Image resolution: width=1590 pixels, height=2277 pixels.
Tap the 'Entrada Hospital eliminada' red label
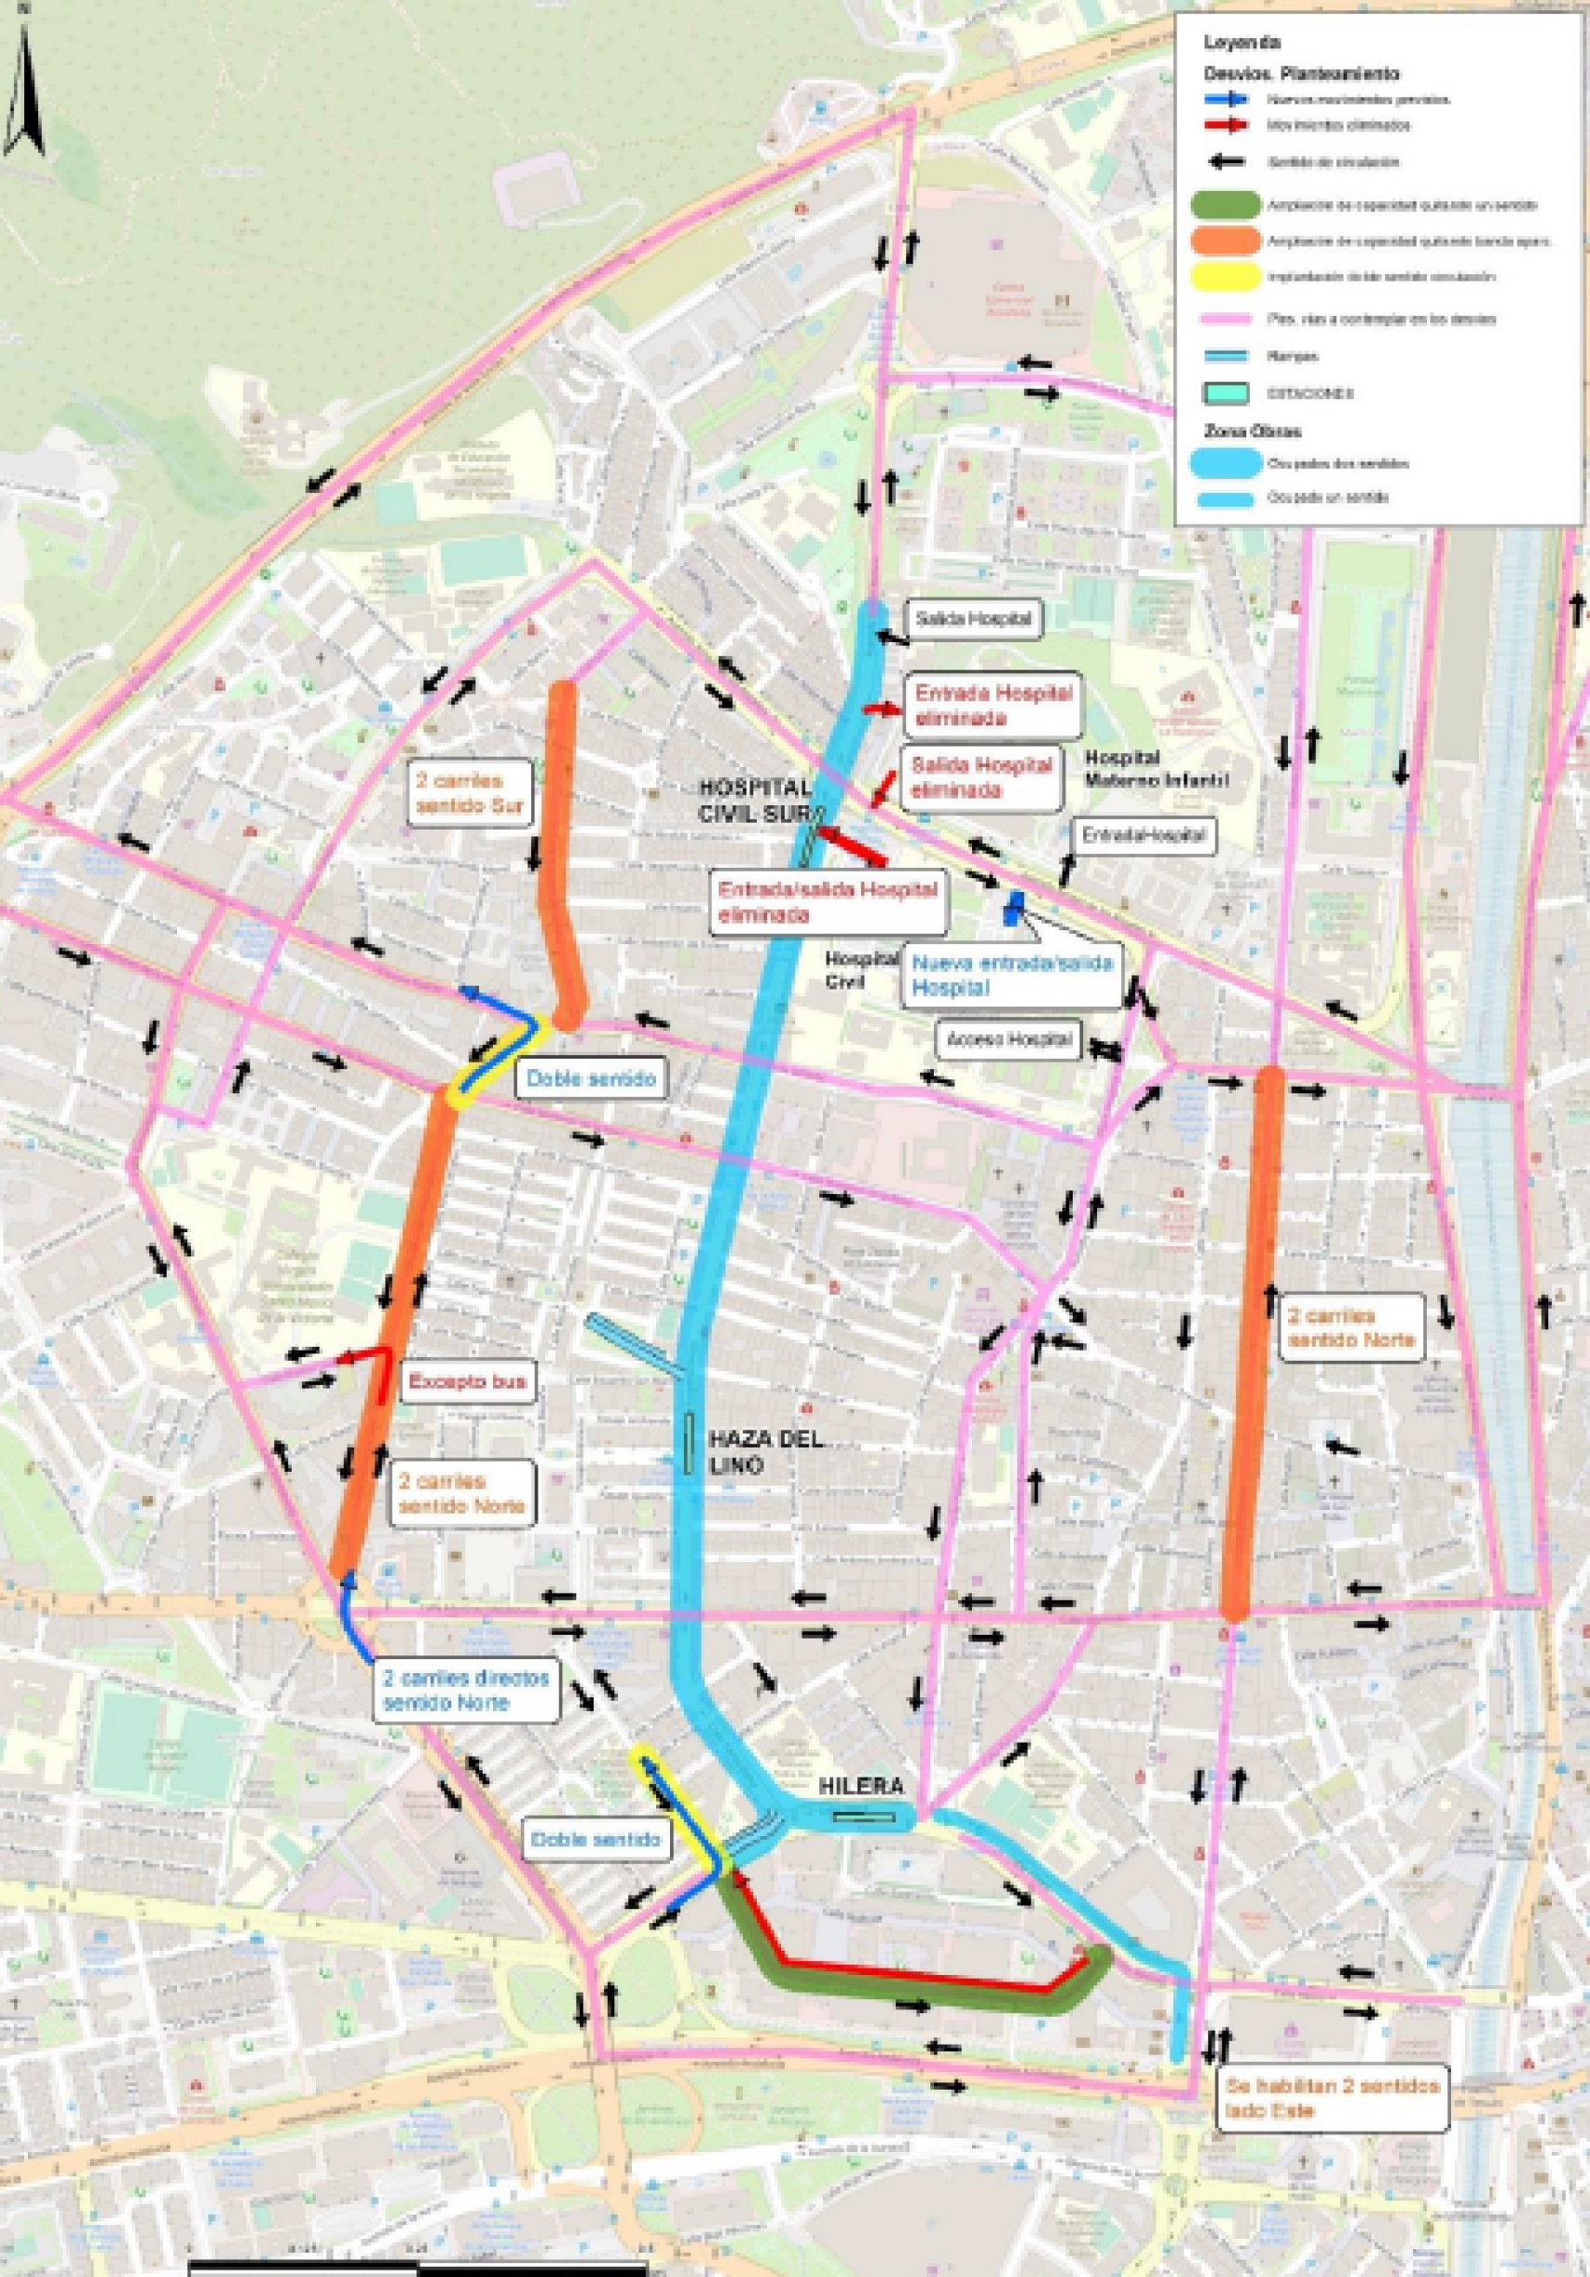tap(993, 706)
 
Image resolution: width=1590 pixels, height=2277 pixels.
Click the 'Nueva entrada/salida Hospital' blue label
tap(1010, 975)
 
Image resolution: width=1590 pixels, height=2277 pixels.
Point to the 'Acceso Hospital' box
tap(1008, 1040)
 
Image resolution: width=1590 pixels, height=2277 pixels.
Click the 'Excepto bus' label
tap(468, 1381)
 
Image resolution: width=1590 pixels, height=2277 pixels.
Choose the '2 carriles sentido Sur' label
tap(469, 791)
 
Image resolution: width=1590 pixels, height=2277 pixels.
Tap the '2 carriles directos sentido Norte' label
tap(466, 1690)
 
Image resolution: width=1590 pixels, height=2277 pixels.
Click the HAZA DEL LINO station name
tap(765, 1452)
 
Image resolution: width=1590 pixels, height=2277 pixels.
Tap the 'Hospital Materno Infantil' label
tap(1156, 769)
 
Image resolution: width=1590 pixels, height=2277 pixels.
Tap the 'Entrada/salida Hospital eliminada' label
tap(828, 900)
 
